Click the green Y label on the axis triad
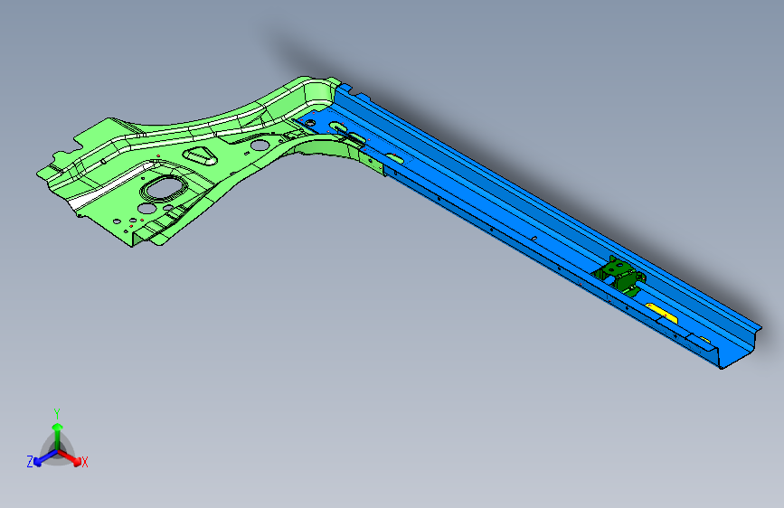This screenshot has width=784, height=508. point(56,411)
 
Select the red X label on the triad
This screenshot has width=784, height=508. point(85,463)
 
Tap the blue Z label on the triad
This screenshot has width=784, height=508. point(30,461)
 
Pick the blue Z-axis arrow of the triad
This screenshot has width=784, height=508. point(39,459)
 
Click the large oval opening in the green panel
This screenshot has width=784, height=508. point(165,188)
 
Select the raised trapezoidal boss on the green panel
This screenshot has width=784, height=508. point(201,155)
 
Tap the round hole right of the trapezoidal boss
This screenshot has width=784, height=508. point(260,144)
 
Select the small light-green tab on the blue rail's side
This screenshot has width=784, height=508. point(373,161)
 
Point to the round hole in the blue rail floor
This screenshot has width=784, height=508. point(312,120)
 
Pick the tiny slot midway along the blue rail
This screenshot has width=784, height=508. point(534,238)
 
